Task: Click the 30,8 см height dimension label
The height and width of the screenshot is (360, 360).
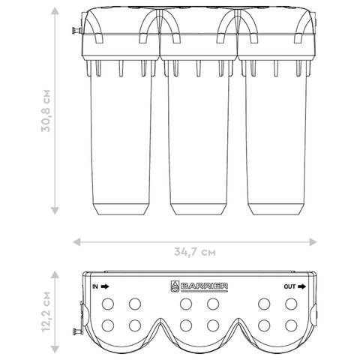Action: (46, 111)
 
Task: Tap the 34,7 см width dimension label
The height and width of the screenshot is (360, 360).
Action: (195, 252)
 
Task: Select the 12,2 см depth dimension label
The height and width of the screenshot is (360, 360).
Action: (46, 311)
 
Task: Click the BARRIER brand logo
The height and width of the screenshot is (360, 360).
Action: (199, 286)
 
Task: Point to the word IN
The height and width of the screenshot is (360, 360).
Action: (95, 286)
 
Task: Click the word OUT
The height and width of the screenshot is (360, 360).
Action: (289, 286)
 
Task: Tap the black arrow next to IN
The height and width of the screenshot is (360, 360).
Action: (105, 286)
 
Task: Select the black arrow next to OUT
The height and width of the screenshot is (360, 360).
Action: (301, 286)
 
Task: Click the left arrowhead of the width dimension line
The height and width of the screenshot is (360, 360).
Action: (76, 242)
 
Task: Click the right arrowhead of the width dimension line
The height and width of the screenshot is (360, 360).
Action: (313, 242)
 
